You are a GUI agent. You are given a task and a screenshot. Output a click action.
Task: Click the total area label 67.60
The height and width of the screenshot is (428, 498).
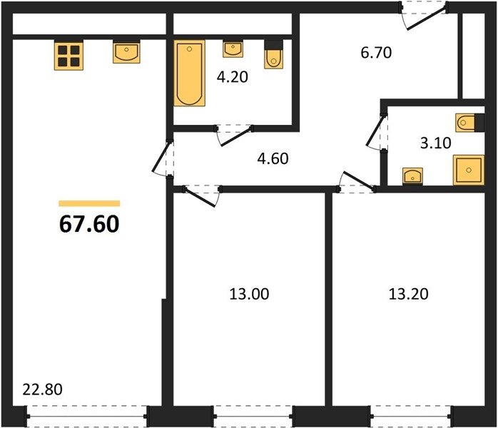coord(89,224)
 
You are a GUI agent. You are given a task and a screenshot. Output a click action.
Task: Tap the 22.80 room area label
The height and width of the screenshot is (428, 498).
coord(43,389)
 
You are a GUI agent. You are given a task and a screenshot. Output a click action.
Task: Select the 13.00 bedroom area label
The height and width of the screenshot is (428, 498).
coord(249,294)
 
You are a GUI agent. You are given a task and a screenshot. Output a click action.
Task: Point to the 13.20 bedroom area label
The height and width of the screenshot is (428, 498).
coord(408,294)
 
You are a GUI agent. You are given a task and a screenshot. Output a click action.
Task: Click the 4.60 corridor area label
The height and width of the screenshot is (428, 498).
coord(273,159)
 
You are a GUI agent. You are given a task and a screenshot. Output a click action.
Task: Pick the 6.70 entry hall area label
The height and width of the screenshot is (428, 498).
coord(376,53)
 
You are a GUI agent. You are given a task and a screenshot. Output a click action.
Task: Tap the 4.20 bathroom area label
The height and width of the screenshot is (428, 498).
coord(232,77)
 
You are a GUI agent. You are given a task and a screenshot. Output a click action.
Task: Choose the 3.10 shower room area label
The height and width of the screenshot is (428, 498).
coord(435,143)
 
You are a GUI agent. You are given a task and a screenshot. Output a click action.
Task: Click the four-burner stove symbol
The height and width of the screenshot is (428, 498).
coord(68,56)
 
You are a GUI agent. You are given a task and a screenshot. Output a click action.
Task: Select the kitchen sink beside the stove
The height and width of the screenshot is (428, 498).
coord(126,52)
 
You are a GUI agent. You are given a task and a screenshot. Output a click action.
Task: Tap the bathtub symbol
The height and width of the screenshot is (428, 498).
coord(189,73)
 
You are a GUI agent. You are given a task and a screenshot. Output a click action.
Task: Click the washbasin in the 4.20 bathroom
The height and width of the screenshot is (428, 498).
coord(233,49)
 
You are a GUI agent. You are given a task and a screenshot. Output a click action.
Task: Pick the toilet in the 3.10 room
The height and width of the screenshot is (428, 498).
coord(469,122)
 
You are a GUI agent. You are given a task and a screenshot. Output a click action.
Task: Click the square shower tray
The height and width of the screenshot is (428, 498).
coord(469,170)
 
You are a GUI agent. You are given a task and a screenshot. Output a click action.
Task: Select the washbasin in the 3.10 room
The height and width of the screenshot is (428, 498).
coord(412,176)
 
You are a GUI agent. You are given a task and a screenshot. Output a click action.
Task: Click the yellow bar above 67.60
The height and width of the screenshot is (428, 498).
coord(89,203)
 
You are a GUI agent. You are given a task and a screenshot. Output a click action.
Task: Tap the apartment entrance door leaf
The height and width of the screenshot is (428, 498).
coord(427,19)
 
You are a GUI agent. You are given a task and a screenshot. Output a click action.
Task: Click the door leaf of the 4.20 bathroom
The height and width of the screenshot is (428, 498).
coord(237,137)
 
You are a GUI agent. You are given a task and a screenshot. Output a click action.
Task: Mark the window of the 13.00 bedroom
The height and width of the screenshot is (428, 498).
coord(253,417)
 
